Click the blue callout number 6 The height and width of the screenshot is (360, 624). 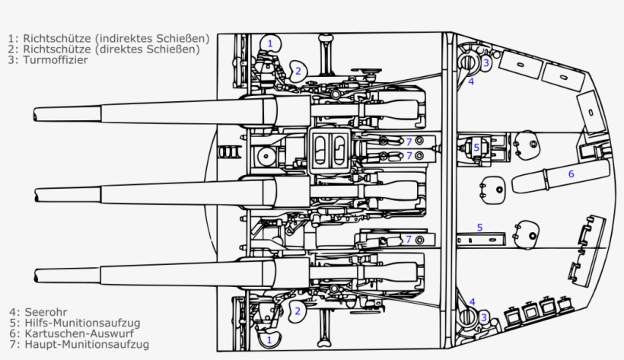click(571, 174)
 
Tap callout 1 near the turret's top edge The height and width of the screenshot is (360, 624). click(269, 43)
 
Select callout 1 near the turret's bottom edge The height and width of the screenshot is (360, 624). click(269, 339)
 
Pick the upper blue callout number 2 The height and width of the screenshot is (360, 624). click(298, 71)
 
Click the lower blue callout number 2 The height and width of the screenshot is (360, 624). click(298, 311)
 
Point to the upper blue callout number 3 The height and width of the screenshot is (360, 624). click(486, 62)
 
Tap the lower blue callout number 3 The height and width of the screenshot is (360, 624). click(483, 317)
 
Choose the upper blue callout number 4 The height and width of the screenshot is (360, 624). click(471, 81)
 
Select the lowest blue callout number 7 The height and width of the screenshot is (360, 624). click(409, 239)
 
